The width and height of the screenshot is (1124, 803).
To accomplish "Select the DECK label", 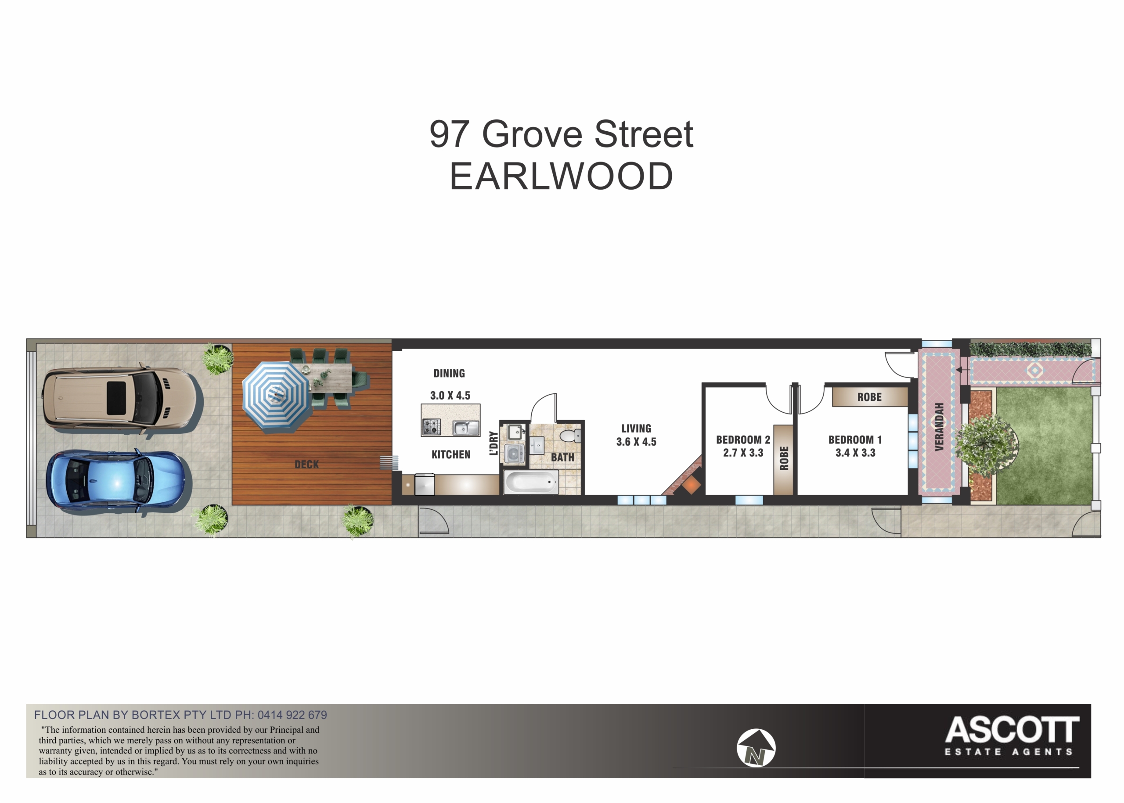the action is [306, 465].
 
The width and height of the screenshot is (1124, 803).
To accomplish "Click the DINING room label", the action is [449, 373].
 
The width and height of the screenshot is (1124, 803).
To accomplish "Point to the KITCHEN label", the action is [451, 454].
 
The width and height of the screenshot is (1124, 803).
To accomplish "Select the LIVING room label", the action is [637, 429].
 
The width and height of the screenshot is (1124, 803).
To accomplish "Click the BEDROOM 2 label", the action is [743, 439].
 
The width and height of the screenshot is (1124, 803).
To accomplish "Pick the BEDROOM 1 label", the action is [855, 439].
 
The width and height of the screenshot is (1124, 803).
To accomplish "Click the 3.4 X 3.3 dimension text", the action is [855, 453].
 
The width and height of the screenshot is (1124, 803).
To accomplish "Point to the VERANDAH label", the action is [939, 427].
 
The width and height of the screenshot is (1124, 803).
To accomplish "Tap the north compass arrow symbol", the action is [756, 748].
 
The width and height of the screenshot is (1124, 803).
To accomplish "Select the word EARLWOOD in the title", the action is [561, 176].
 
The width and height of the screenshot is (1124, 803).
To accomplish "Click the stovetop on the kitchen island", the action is [431, 427].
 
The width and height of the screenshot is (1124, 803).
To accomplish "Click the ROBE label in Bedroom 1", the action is [870, 397].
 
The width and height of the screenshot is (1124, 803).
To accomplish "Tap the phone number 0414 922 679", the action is [292, 715].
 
